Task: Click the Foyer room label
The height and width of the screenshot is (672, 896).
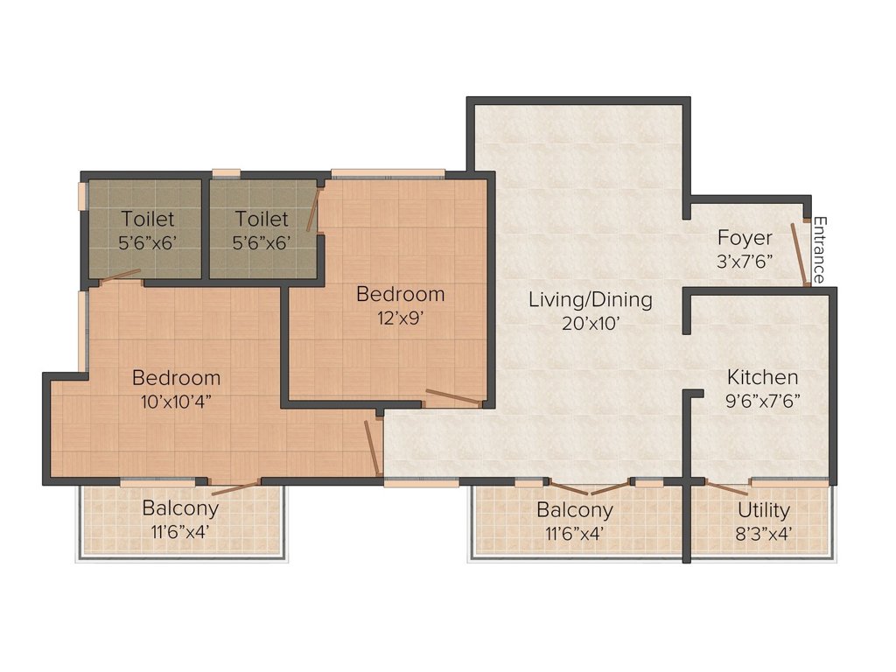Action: pyautogui.click(x=745, y=238)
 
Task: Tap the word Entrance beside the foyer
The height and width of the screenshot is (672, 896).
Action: pyautogui.click(x=820, y=249)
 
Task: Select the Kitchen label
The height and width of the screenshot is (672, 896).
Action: pyautogui.click(x=762, y=377)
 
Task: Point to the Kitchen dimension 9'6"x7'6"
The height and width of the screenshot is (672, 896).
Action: pyautogui.click(x=762, y=401)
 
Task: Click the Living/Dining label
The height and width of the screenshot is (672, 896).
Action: pyautogui.click(x=591, y=300)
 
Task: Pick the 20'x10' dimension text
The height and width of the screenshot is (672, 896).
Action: pyautogui.click(x=591, y=324)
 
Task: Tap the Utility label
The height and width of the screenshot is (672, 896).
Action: pyautogui.click(x=763, y=510)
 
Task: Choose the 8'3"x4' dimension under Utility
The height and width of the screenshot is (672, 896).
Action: pyautogui.click(x=763, y=534)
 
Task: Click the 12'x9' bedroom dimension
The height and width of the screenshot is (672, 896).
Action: pyautogui.click(x=399, y=318)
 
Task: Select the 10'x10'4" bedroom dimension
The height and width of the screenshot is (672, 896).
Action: pyautogui.click(x=176, y=402)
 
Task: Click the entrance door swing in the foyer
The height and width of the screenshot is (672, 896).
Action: pyautogui.click(x=800, y=254)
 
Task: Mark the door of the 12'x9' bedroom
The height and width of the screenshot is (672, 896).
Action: pyautogui.click(x=454, y=397)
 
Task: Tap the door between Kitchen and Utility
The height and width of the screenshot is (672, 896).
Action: pyautogui.click(x=725, y=488)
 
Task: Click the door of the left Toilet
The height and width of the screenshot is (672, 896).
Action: pyautogui.click(x=120, y=276)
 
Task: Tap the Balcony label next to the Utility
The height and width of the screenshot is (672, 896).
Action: pyautogui.click(x=575, y=510)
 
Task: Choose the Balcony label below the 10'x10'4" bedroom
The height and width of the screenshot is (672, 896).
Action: pyautogui.click(x=180, y=508)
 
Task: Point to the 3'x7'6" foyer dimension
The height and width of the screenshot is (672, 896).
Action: pyautogui.click(x=745, y=262)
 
